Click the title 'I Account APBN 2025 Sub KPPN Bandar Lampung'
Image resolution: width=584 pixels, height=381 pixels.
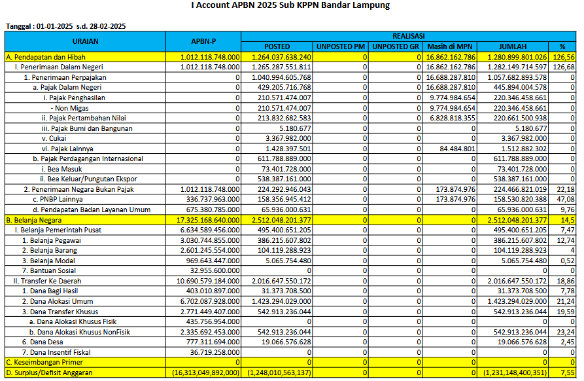point(290,6)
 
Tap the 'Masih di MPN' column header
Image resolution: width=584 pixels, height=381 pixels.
point(450,46)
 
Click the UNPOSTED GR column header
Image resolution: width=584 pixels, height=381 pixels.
point(396,46)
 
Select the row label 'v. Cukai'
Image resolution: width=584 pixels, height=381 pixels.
point(54,138)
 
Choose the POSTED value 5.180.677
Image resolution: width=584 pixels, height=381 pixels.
point(294,128)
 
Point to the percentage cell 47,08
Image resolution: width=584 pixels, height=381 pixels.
point(566,200)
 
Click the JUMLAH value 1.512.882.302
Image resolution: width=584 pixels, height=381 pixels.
point(520,149)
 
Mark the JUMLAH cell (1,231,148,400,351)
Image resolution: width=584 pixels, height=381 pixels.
point(515,372)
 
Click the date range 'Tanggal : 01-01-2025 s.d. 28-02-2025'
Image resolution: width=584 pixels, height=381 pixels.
point(66,26)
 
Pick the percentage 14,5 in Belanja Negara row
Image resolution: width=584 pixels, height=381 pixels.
point(567,220)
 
